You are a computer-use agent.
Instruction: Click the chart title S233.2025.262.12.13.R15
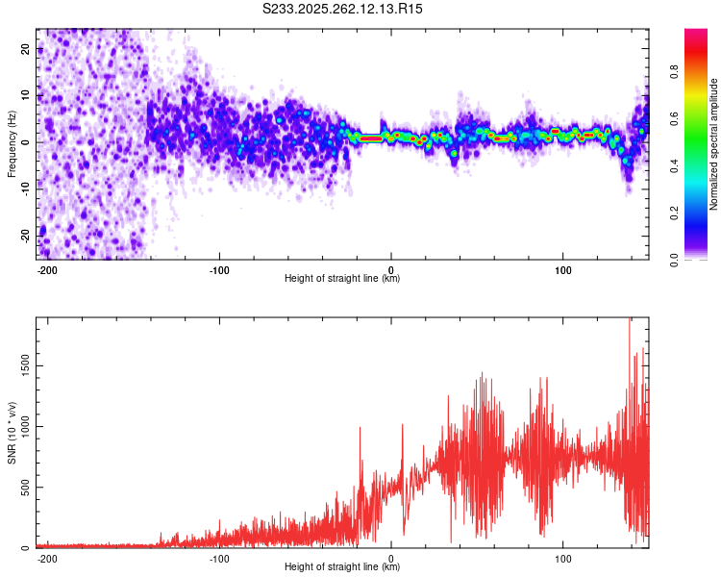click(343, 9)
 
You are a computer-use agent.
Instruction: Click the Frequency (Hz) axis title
click(12, 143)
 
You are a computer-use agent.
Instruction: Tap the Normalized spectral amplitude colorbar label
click(714, 144)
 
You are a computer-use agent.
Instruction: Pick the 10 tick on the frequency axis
click(26, 95)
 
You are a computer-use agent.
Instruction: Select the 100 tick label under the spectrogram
click(561, 268)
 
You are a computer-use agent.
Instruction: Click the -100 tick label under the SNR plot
click(219, 557)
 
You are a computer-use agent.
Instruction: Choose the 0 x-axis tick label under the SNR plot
click(391, 557)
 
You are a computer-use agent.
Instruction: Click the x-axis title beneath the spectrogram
click(342, 279)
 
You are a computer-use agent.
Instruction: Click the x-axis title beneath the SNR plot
click(342, 567)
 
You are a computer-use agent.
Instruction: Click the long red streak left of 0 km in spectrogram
click(370, 138)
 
